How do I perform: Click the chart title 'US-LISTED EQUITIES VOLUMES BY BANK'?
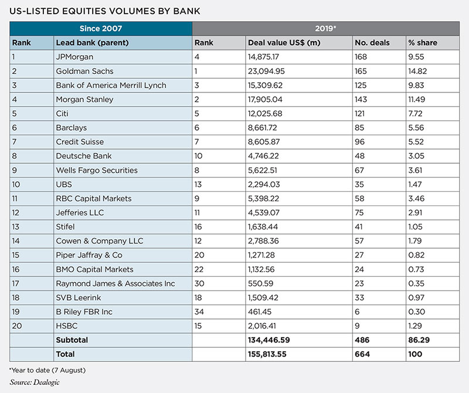pos(108,10)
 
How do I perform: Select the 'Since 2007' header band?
pos(101,28)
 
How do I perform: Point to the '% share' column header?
pos(424,43)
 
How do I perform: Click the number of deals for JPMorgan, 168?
pos(362,57)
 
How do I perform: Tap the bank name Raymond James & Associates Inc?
pos(115,283)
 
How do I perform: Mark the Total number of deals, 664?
pos(362,354)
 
